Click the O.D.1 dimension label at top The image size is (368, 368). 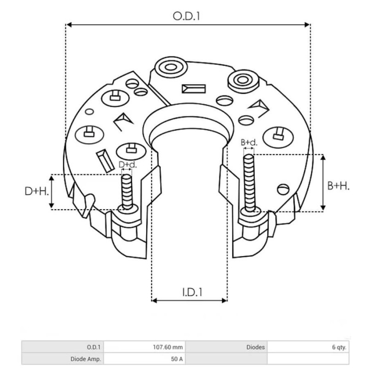click(186, 17)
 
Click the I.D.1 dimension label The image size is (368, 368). click(190, 292)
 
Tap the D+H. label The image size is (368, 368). click(37, 191)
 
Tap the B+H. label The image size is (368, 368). click(338, 186)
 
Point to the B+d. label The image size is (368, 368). click(249, 143)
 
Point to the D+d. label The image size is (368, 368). click(127, 164)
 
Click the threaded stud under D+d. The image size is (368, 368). click(126, 191)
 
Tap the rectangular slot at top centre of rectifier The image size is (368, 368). click(194, 89)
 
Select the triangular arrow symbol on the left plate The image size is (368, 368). click(123, 121)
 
